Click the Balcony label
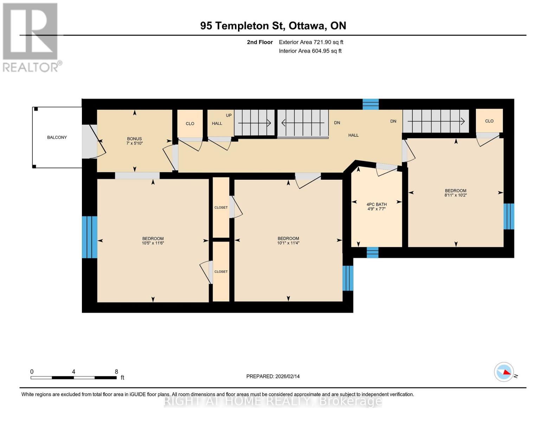(x=57, y=138)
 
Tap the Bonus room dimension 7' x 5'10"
(x=134, y=143)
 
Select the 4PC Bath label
(x=377, y=204)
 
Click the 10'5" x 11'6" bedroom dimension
(x=153, y=243)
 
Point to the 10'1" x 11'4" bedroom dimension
(x=288, y=243)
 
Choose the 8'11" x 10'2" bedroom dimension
(x=456, y=195)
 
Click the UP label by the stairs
(x=229, y=115)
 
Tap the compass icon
(x=504, y=372)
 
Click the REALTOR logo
(x=31, y=37)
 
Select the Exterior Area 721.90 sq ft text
(x=311, y=42)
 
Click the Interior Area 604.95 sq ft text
(x=310, y=51)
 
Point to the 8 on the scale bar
(x=116, y=372)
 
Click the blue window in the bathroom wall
(x=372, y=252)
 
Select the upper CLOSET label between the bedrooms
(x=221, y=207)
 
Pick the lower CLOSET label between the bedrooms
(x=221, y=271)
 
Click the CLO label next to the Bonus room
(x=190, y=123)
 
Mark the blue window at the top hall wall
(x=371, y=104)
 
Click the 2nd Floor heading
(x=260, y=42)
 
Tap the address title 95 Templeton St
(x=243, y=26)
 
